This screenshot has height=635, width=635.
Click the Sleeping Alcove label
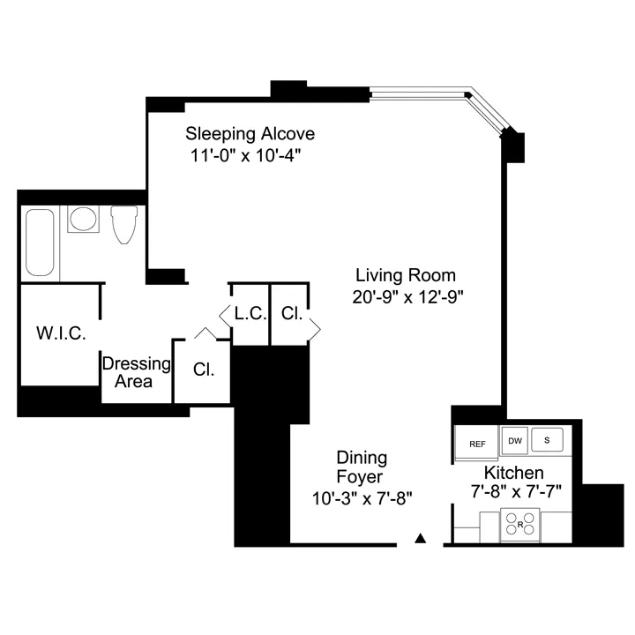tap(250, 134)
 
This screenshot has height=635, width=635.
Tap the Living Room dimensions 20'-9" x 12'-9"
tap(407, 297)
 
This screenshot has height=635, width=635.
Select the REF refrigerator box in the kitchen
tap(477, 444)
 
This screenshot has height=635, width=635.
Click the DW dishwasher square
tap(515, 439)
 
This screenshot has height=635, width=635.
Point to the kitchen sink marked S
tap(547, 439)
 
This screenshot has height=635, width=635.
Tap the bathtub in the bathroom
tap(41, 243)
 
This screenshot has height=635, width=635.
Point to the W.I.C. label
tap(61, 333)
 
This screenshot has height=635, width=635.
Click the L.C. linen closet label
tap(250, 312)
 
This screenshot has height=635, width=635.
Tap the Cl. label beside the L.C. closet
tap(292, 312)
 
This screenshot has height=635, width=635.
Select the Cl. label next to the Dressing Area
tap(204, 368)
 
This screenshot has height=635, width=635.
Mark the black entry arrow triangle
tap(422, 537)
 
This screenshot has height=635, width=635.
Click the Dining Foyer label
tap(362, 467)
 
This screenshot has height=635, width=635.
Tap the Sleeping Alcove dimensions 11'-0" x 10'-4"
tap(250, 156)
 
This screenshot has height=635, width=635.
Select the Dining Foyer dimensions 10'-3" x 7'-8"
tap(362, 497)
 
